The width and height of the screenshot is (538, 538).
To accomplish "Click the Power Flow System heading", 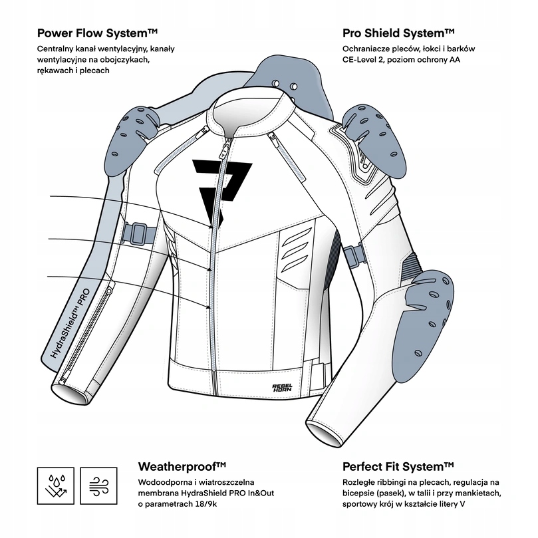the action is coord(98,33).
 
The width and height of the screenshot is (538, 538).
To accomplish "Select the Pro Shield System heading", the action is coord(398,33).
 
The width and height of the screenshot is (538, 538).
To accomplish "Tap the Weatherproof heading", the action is coord(182,467).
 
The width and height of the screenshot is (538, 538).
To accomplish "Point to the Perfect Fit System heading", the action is coord(398,467).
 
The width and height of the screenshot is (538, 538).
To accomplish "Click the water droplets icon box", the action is coord(56,486).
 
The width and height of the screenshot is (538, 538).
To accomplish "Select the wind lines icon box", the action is coord(99,486).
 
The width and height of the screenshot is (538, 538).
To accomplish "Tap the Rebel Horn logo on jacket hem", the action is coord(282,388).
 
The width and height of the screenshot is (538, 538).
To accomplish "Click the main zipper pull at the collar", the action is coord(225,148).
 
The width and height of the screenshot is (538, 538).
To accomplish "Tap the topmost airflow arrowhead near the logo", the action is coord(211,227).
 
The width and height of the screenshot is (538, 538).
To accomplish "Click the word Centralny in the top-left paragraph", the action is coord(55,49).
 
